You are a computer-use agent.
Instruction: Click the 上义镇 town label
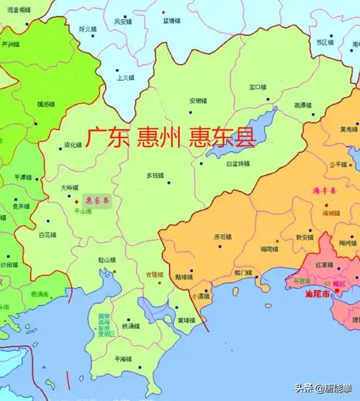[126, 78]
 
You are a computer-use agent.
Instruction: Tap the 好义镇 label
[88, 29]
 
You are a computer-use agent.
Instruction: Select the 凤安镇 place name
[123, 22]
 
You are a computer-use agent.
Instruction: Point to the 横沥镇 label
[46, 104]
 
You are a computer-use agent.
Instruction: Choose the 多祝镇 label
[156, 175]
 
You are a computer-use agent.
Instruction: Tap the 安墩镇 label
[198, 100]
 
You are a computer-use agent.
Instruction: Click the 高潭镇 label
[303, 105]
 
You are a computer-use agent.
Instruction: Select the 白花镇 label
[47, 235]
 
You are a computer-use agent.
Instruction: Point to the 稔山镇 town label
[107, 259]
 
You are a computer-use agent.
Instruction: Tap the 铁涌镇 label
[131, 326]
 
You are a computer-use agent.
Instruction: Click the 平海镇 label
[123, 359]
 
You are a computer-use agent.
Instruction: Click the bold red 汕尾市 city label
[318, 295]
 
